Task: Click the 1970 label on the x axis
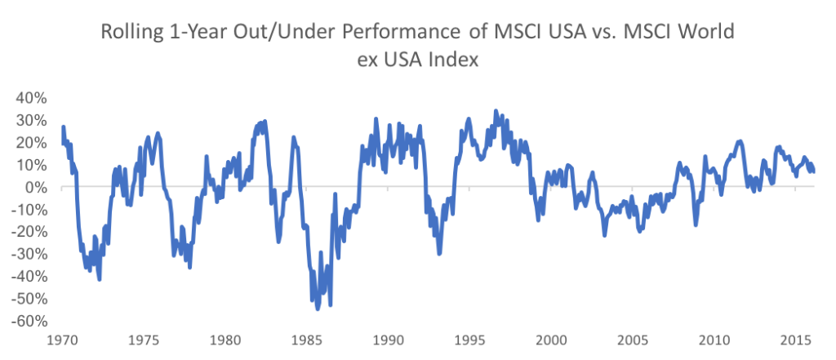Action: (x=61, y=340)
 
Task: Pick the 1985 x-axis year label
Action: (x=306, y=340)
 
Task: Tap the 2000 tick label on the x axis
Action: (x=551, y=340)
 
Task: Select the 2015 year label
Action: (x=796, y=340)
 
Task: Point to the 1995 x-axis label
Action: (x=469, y=340)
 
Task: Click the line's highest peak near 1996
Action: (x=496, y=111)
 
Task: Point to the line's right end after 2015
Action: (x=814, y=171)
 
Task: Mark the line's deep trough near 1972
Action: (x=100, y=280)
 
